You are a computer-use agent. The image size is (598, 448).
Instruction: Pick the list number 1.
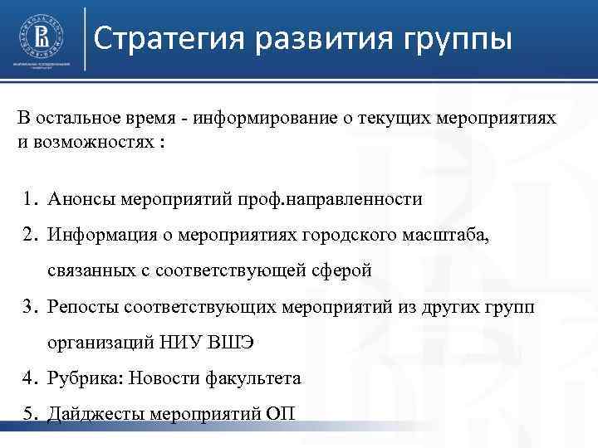point(29,199)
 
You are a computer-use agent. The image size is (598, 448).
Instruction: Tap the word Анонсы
point(81,199)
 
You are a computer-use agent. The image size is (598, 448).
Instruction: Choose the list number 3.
point(29,307)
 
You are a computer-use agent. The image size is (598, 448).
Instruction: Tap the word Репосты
point(83,307)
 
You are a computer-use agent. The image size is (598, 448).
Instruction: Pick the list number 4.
point(29,378)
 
